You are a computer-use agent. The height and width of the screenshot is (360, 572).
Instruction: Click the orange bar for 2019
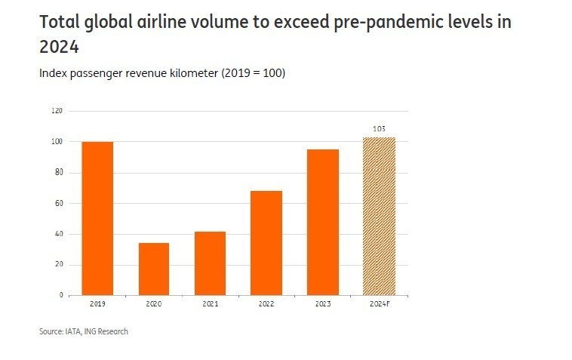pos(97,218)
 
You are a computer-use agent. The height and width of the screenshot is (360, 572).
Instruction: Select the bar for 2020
pos(153,269)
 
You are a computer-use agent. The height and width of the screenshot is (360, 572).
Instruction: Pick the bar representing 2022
pos(266,242)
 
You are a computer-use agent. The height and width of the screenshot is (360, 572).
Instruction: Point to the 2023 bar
pos(322,222)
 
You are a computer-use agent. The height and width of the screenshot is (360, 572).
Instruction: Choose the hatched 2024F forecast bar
pos(379,216)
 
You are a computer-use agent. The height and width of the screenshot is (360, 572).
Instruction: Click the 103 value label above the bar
pos(379,129)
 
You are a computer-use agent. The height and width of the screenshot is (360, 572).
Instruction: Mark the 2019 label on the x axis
pos(97,303)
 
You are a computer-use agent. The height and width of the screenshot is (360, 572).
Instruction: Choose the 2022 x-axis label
pos(266,303)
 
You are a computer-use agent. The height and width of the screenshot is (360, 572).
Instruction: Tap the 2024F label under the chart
pos(379,303)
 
